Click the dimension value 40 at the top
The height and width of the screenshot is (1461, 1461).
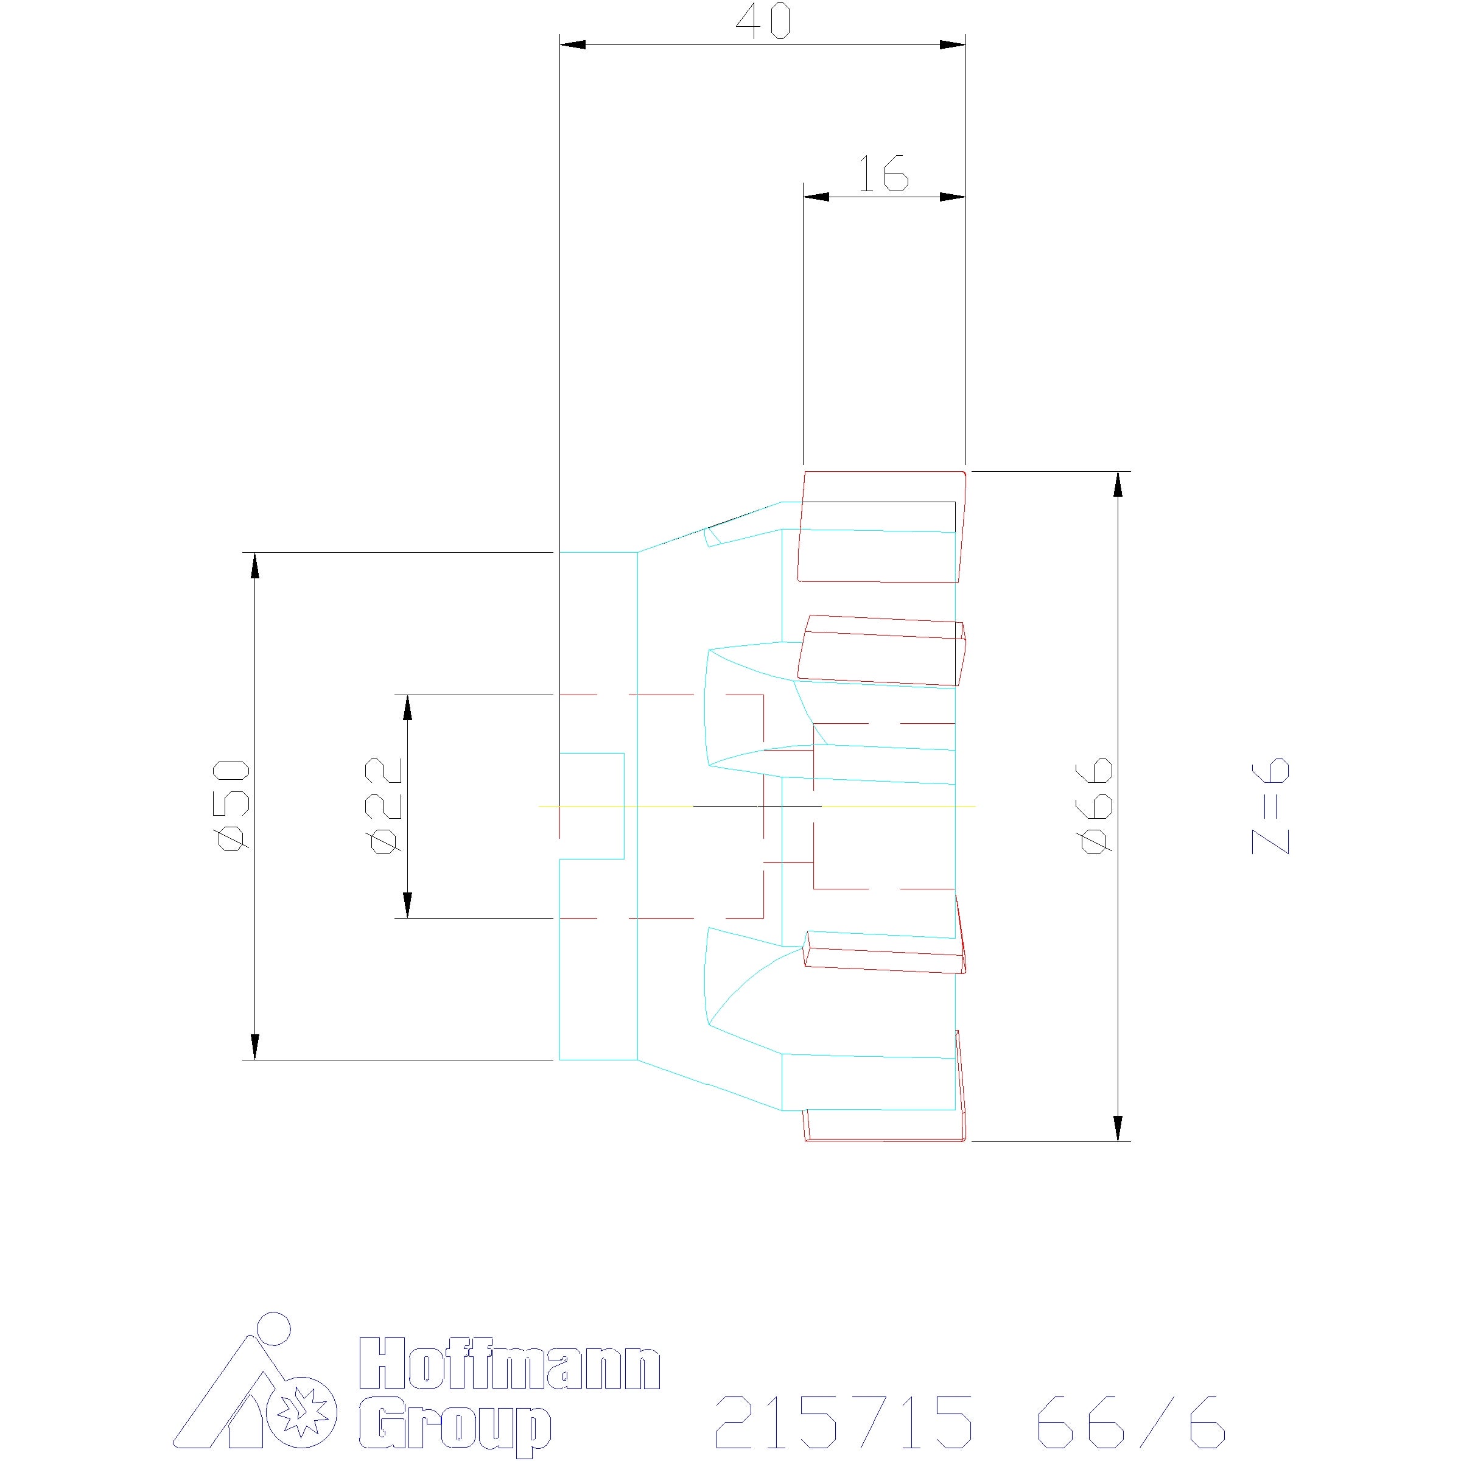tap(763, 23)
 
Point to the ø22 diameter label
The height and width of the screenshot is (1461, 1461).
tap(384, 805)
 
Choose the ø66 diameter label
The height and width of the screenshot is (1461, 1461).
tap(1096, 805)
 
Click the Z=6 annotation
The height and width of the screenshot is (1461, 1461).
tap(1270, 806)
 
